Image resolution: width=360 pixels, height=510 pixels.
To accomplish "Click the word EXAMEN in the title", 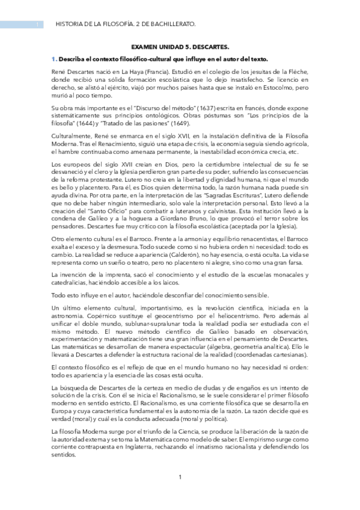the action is [x=143, y=46].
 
